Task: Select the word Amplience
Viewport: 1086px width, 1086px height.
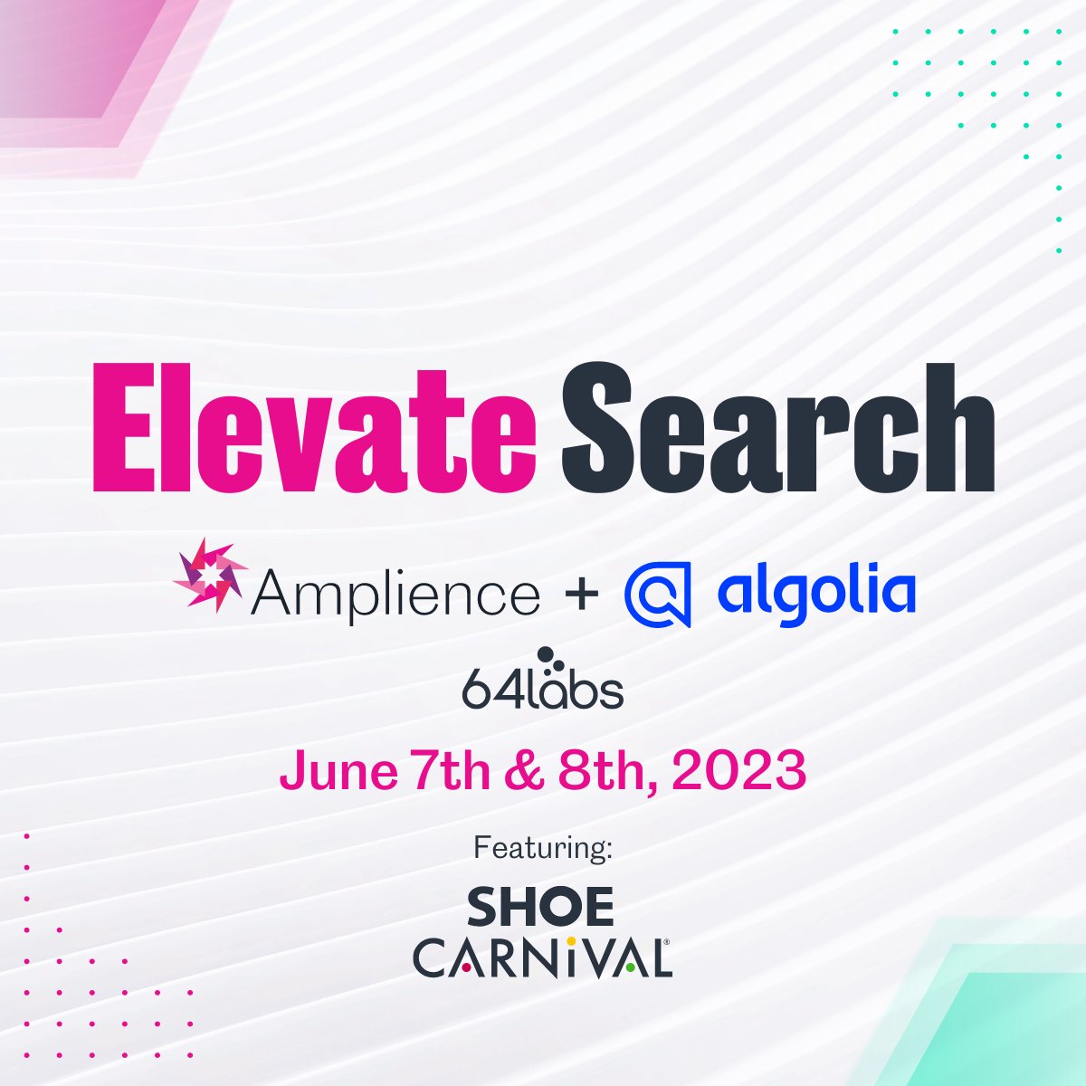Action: [x=395, y=595]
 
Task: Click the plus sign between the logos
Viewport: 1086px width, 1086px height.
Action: [x=582, y=595]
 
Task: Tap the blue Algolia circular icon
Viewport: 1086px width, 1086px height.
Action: [x=658, y=594]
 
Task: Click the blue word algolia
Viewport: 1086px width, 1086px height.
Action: [x=815, y=590]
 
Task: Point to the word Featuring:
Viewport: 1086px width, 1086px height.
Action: [x=543, y=849]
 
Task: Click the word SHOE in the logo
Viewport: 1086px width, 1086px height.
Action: [x=540, y=908]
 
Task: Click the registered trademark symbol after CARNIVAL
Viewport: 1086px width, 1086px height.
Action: [x=668, y=942]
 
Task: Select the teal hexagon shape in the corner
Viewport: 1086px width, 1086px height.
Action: [x=1014, y=1023]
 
